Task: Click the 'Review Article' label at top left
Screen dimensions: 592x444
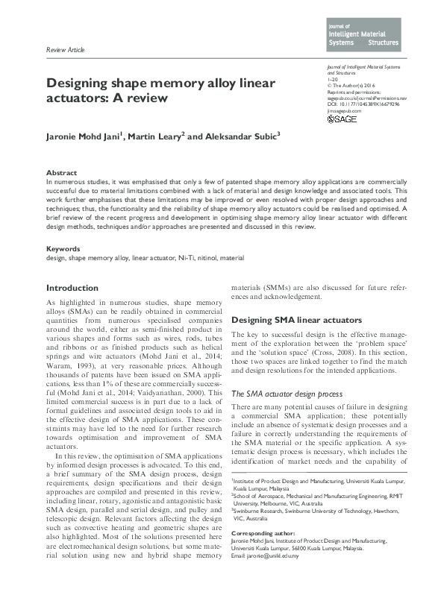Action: click(x=66, y=50)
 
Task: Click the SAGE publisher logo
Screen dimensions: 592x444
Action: click(x=343, y=119)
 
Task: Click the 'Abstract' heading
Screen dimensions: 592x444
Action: click(x=61, y=172)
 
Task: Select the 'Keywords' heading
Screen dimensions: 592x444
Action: click(x=63, y=249)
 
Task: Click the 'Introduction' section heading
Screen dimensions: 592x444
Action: click(x=72, y=288)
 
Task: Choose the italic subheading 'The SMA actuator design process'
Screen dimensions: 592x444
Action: click(x=287, y=393)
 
